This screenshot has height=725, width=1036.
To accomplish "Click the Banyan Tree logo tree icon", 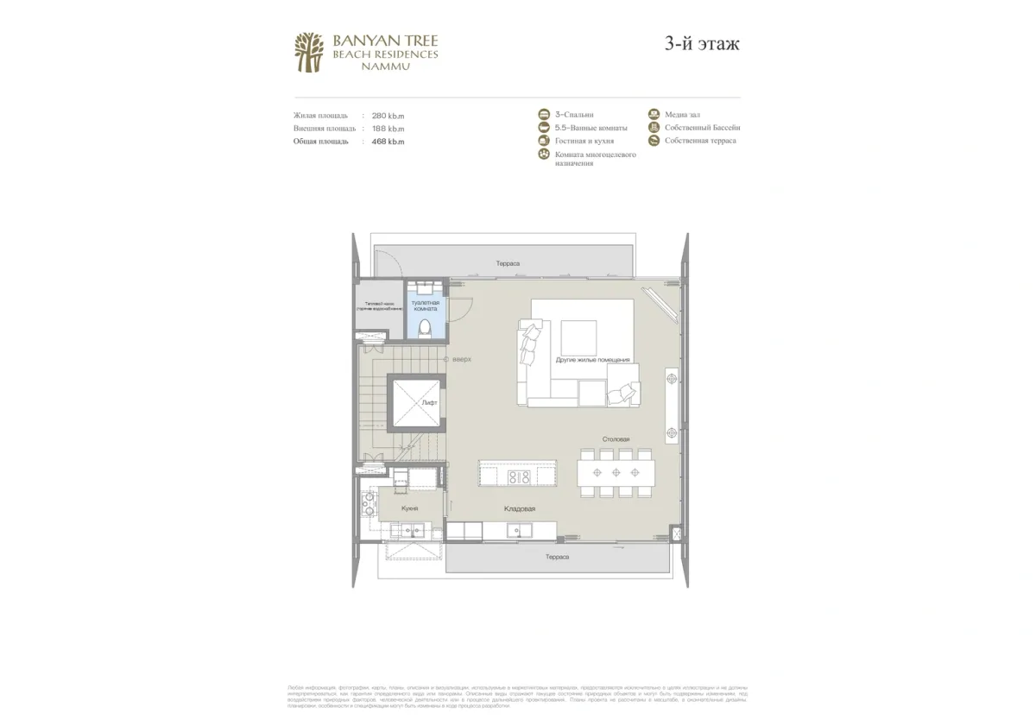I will pyautogui.click(x=309, y=52).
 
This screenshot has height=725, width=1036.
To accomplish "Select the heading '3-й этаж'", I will pyautogui.click(x=702, y=44).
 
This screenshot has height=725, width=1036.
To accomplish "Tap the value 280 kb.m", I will pyautogui.click(x=388, y=115).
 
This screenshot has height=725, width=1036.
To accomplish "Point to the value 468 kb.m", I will pyautogui.click(x=388, y=141).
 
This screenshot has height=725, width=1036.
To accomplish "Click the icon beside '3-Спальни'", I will pyautogui.click(x=544, y=115).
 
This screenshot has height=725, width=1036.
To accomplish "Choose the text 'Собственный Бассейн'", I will pyautogui.click(x=702, y=128).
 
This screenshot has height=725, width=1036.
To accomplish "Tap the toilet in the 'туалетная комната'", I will pyautogui.click(x=426, y=327).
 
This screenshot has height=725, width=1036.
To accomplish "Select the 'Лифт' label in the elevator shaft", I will pyautogui.click(x=430, y=402).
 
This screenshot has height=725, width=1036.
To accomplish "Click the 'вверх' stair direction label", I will pyautogui.click(x=462, y=359).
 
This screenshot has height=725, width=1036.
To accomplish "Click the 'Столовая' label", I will pyautogui.click(x=616, y=439).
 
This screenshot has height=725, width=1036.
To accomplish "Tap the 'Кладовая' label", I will pyautogui.click(x=520, y=509).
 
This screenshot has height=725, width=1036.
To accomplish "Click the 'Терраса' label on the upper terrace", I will pyautogui.click(x=508, y=263).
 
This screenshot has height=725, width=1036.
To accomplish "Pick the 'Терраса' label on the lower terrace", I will pyautogui.click(x=557, y=557).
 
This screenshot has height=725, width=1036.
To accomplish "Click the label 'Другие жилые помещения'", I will pyautogui.click(x=592, y=359).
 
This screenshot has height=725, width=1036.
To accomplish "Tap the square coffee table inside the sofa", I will pyautogui.click(x=578, y=335).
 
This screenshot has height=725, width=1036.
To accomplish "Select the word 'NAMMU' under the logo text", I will pyautogui.click(x=385, y=66).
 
